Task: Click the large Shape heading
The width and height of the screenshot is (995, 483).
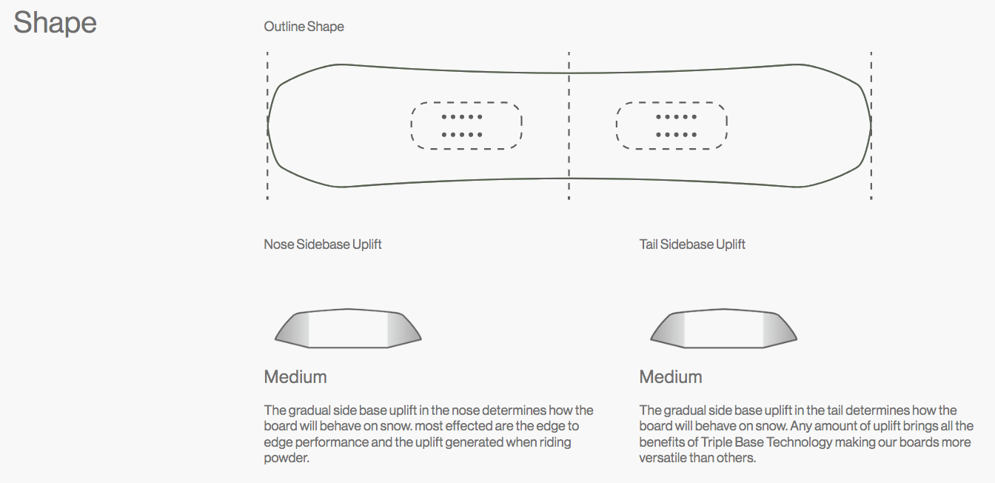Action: [x=55, y=23]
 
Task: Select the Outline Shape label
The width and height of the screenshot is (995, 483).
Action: [x=304, y=27]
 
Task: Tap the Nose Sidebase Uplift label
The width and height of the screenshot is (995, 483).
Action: [x=323, y=244]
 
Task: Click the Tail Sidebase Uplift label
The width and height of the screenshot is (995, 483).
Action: [x=692, y=244]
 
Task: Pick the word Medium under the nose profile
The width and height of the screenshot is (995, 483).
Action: [x=295, y=377]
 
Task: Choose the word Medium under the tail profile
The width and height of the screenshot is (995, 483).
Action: [x=671, y=377]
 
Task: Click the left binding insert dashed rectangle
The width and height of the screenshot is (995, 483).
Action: [x=466, y=126]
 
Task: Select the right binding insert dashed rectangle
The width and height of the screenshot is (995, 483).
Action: [x=671, y=126]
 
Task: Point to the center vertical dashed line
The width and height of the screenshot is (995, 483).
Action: [x=569, y=126]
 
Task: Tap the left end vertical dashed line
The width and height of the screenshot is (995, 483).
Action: [x=267, y=126]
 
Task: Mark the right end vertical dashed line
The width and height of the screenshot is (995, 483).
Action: [x=871, y=126]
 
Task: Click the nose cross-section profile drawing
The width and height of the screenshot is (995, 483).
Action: [x=348, y=328]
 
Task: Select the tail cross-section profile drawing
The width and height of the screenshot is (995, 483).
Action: [x=723, y=328]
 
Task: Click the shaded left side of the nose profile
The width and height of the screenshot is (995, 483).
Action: [x=294, y=330]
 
